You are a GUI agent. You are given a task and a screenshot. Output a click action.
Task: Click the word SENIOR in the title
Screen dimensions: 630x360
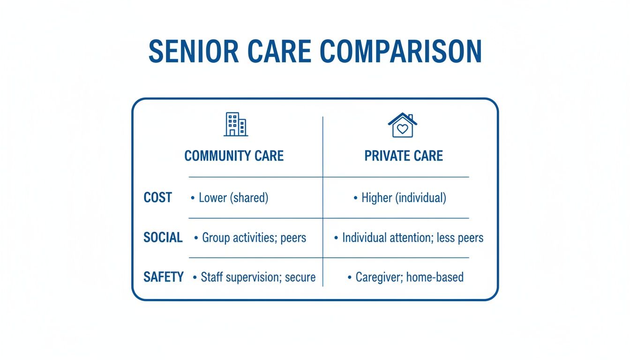click(194, 52)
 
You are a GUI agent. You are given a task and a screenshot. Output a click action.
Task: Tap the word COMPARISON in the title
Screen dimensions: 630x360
click(401, 52)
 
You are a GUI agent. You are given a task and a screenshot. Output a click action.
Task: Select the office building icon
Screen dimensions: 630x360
click(236, 124)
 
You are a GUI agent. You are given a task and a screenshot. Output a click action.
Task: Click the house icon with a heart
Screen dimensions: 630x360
click(403, 125)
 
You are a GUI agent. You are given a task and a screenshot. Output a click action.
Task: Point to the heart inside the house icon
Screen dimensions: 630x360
click(403, 129)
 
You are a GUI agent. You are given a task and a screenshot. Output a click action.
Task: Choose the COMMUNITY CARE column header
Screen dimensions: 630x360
click(234, 156)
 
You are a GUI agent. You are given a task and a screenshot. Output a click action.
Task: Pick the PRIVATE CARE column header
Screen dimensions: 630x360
click(404, 156)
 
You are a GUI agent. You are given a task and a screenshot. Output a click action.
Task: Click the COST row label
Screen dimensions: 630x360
click(157, 197)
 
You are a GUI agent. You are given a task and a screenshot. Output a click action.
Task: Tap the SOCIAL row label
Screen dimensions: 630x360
click(163, 237)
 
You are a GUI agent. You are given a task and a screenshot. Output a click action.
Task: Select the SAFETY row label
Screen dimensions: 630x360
click(164, 277)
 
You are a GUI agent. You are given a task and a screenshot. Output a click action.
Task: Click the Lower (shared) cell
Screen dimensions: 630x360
click(233, 198)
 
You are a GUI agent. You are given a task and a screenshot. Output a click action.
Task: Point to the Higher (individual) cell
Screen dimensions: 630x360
click(404, 198)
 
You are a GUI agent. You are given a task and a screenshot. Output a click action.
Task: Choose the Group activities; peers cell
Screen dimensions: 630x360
click(254, 238)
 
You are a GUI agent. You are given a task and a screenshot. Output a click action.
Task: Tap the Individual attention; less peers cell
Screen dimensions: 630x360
click(413, 238)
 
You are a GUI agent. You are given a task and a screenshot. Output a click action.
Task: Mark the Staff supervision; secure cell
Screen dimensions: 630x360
click(258, 277)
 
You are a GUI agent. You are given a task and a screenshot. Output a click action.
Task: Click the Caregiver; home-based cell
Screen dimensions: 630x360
click(410, 277)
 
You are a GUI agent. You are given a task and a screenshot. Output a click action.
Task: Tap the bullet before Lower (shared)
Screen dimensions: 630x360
click(193, 198)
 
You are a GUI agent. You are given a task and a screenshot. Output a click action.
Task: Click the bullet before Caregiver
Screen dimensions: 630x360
click(350, 277)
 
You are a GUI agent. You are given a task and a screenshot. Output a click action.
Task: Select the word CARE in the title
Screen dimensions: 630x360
click(279, 52)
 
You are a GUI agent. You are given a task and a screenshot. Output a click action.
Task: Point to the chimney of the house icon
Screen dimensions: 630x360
click(411, 117)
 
